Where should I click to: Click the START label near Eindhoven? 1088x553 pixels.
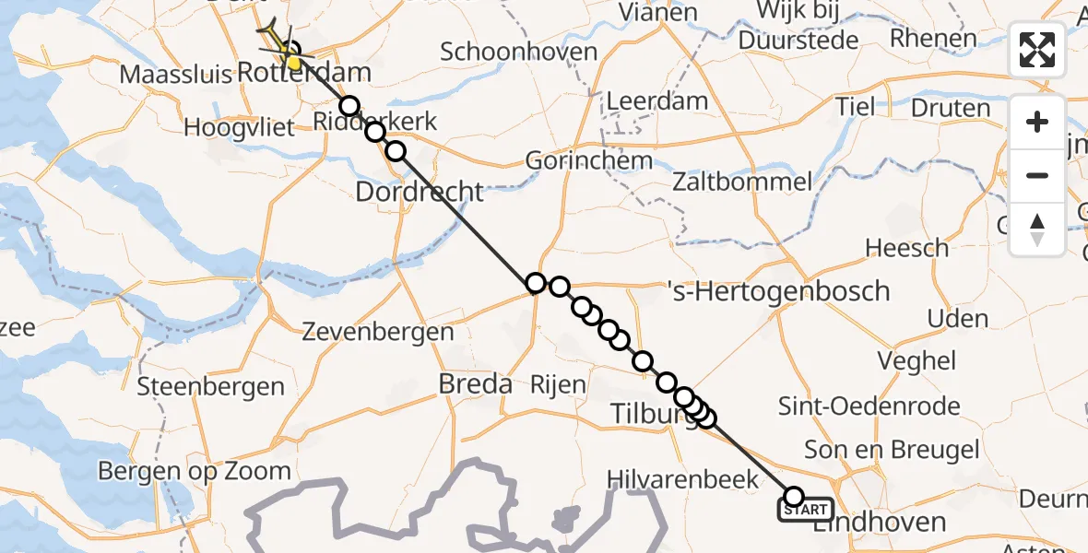click(806, 510)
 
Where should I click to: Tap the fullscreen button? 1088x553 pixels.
click(1037, 50)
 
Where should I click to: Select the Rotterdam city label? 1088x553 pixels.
click(304, 72)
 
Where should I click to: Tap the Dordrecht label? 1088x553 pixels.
click(420, 192)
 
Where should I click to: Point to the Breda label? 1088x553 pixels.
click(476, 383)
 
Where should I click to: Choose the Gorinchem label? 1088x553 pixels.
click(588, 161)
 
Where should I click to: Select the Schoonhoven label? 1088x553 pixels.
click(518, 53)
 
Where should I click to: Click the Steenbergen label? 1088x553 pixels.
click(210, 387)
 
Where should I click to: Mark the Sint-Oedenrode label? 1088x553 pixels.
click(869, 406)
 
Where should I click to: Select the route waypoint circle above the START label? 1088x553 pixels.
click(794, 497)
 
